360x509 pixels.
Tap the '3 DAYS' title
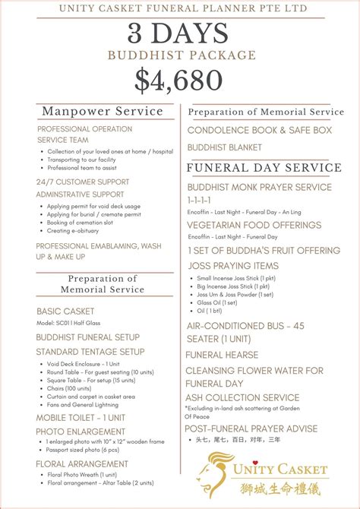coord(179,33)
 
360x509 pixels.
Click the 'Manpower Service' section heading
coord(103,112)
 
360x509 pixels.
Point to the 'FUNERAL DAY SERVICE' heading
coord(264,168)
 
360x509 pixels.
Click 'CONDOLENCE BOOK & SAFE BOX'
coord(259,131)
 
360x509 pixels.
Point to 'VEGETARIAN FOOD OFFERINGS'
coord(254,226)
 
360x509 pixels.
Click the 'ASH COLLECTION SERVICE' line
coord(242,397)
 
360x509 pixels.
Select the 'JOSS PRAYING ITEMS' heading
coord(232,266)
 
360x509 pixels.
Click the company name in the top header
coord(179,8)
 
